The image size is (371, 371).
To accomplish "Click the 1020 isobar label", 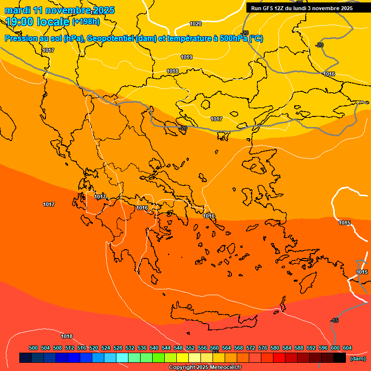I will [196, 24].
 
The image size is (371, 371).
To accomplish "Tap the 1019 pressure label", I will [187, 57].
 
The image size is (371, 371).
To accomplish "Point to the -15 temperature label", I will [334, 321].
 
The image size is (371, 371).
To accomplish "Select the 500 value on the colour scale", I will [33, 348].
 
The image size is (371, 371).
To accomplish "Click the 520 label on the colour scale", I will [94, 348].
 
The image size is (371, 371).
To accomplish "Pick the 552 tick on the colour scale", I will [190, 348].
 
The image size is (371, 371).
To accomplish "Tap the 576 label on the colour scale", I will [263, 348].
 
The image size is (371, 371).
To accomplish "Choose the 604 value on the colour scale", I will [347, 348].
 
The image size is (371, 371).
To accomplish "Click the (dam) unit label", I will [357, 358].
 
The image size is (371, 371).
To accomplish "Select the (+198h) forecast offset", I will [86, 22].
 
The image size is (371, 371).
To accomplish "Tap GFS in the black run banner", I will [268, 8].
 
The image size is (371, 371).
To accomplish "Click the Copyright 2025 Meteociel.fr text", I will [205, 367].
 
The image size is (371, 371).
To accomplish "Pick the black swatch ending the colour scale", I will [340, 357].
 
